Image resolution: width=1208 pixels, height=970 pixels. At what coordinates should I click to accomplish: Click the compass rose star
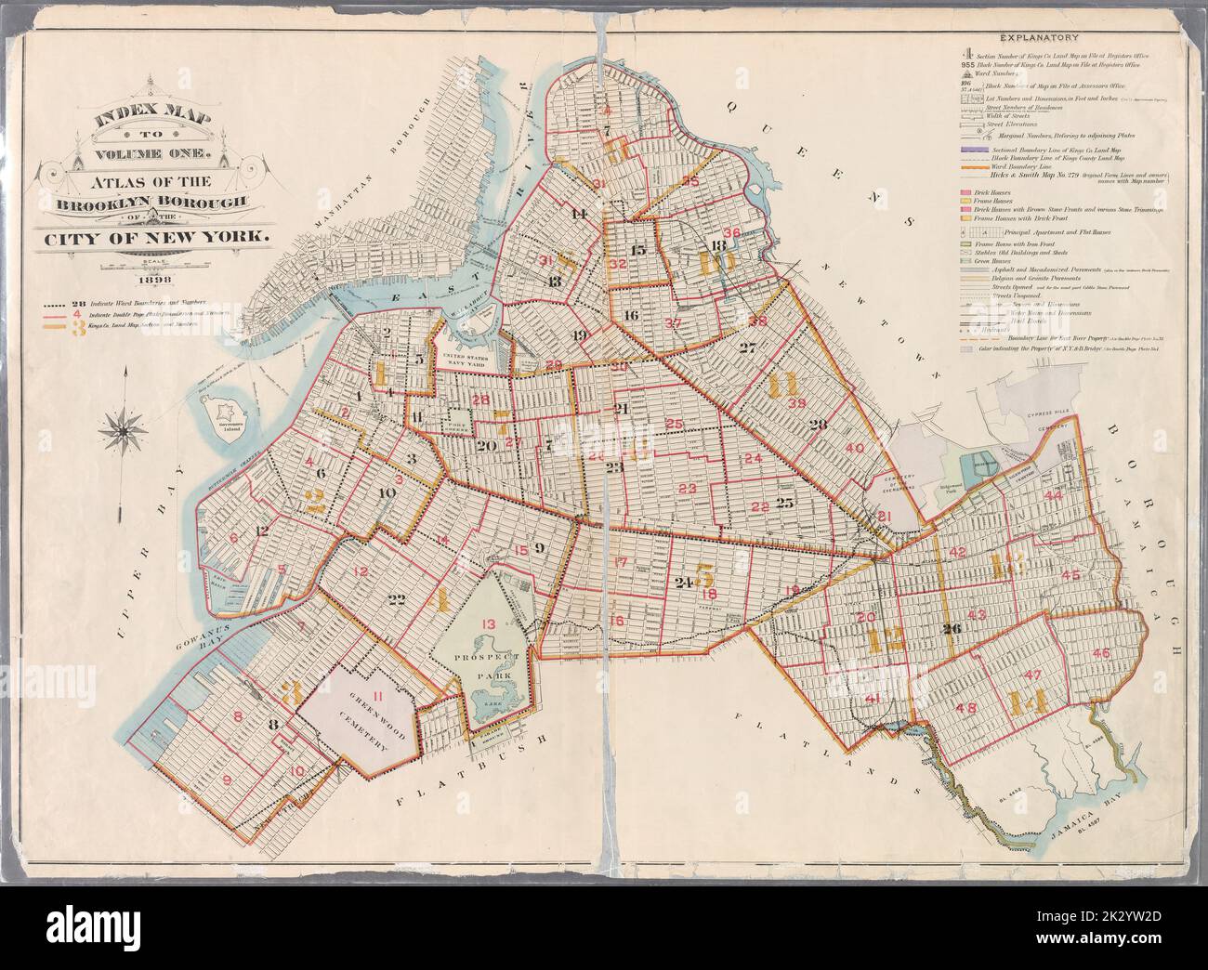(x=124, y=428)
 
